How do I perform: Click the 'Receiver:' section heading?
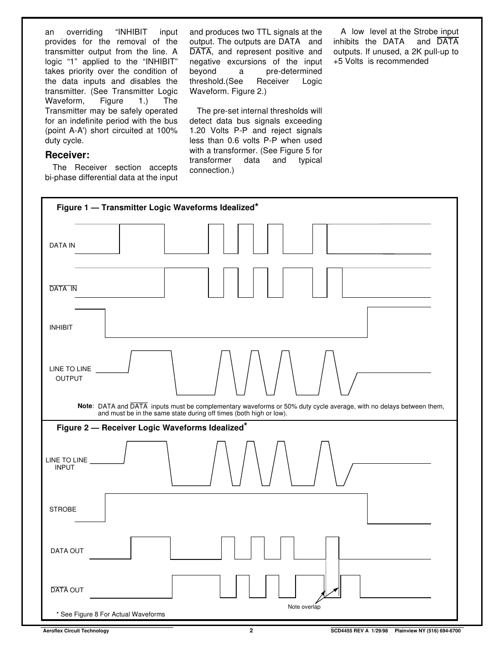[67, 155]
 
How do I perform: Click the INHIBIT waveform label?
[61, 327]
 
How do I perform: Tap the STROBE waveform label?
[62, 509]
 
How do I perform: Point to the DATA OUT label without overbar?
[67, 551]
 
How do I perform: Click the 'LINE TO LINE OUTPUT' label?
[70, 373]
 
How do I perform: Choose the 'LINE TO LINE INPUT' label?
[66, 464]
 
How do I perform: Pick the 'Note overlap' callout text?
[304, 607]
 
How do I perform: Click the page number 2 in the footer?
[251, 631]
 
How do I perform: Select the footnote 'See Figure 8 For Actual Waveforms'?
[110, 614]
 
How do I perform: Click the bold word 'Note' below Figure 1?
[85, 406]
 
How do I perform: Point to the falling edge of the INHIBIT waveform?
[105, 323]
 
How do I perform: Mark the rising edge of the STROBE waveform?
[105, 507]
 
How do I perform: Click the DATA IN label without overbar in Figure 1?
[62, 245]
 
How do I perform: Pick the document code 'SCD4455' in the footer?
[342, 631]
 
